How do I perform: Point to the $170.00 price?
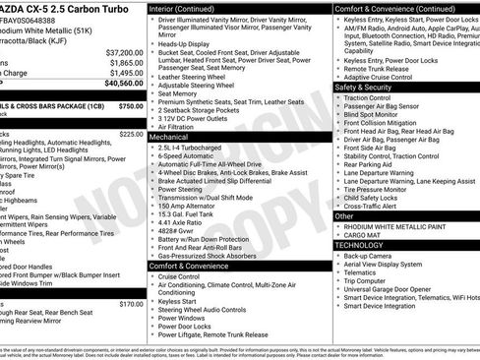coord(131,304)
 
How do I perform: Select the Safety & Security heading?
coord(372,87)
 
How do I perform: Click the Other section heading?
coord(345,214)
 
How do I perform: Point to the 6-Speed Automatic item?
coord(190,156)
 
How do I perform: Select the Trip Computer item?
coord(370,278)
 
